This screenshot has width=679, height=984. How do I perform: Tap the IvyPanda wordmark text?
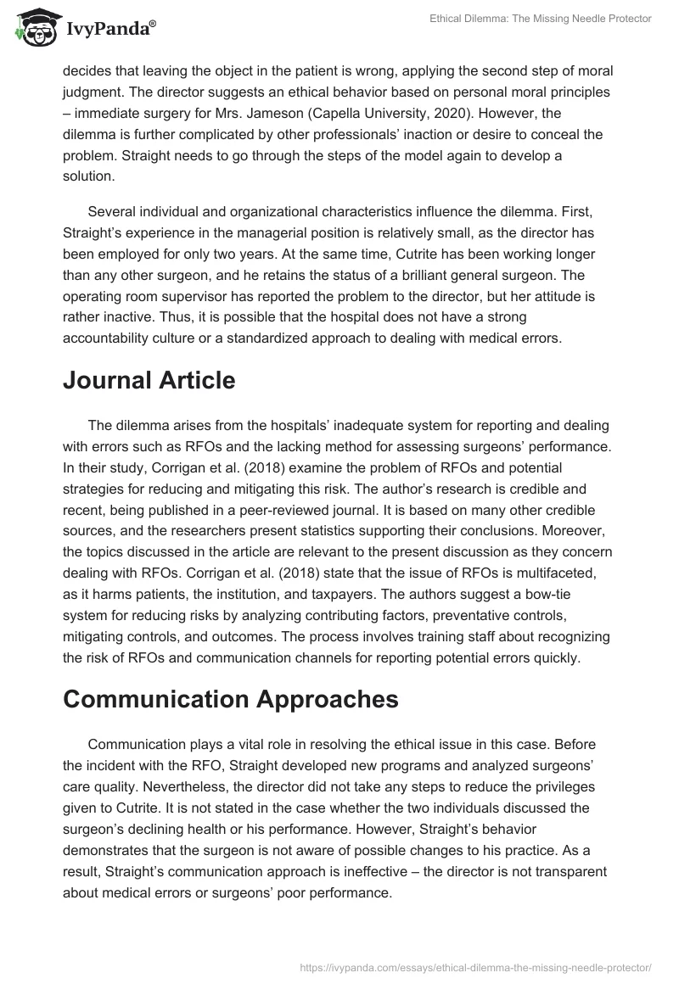(x=109, y=31)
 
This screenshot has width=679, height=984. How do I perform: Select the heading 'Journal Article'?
(x=149, y=381)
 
